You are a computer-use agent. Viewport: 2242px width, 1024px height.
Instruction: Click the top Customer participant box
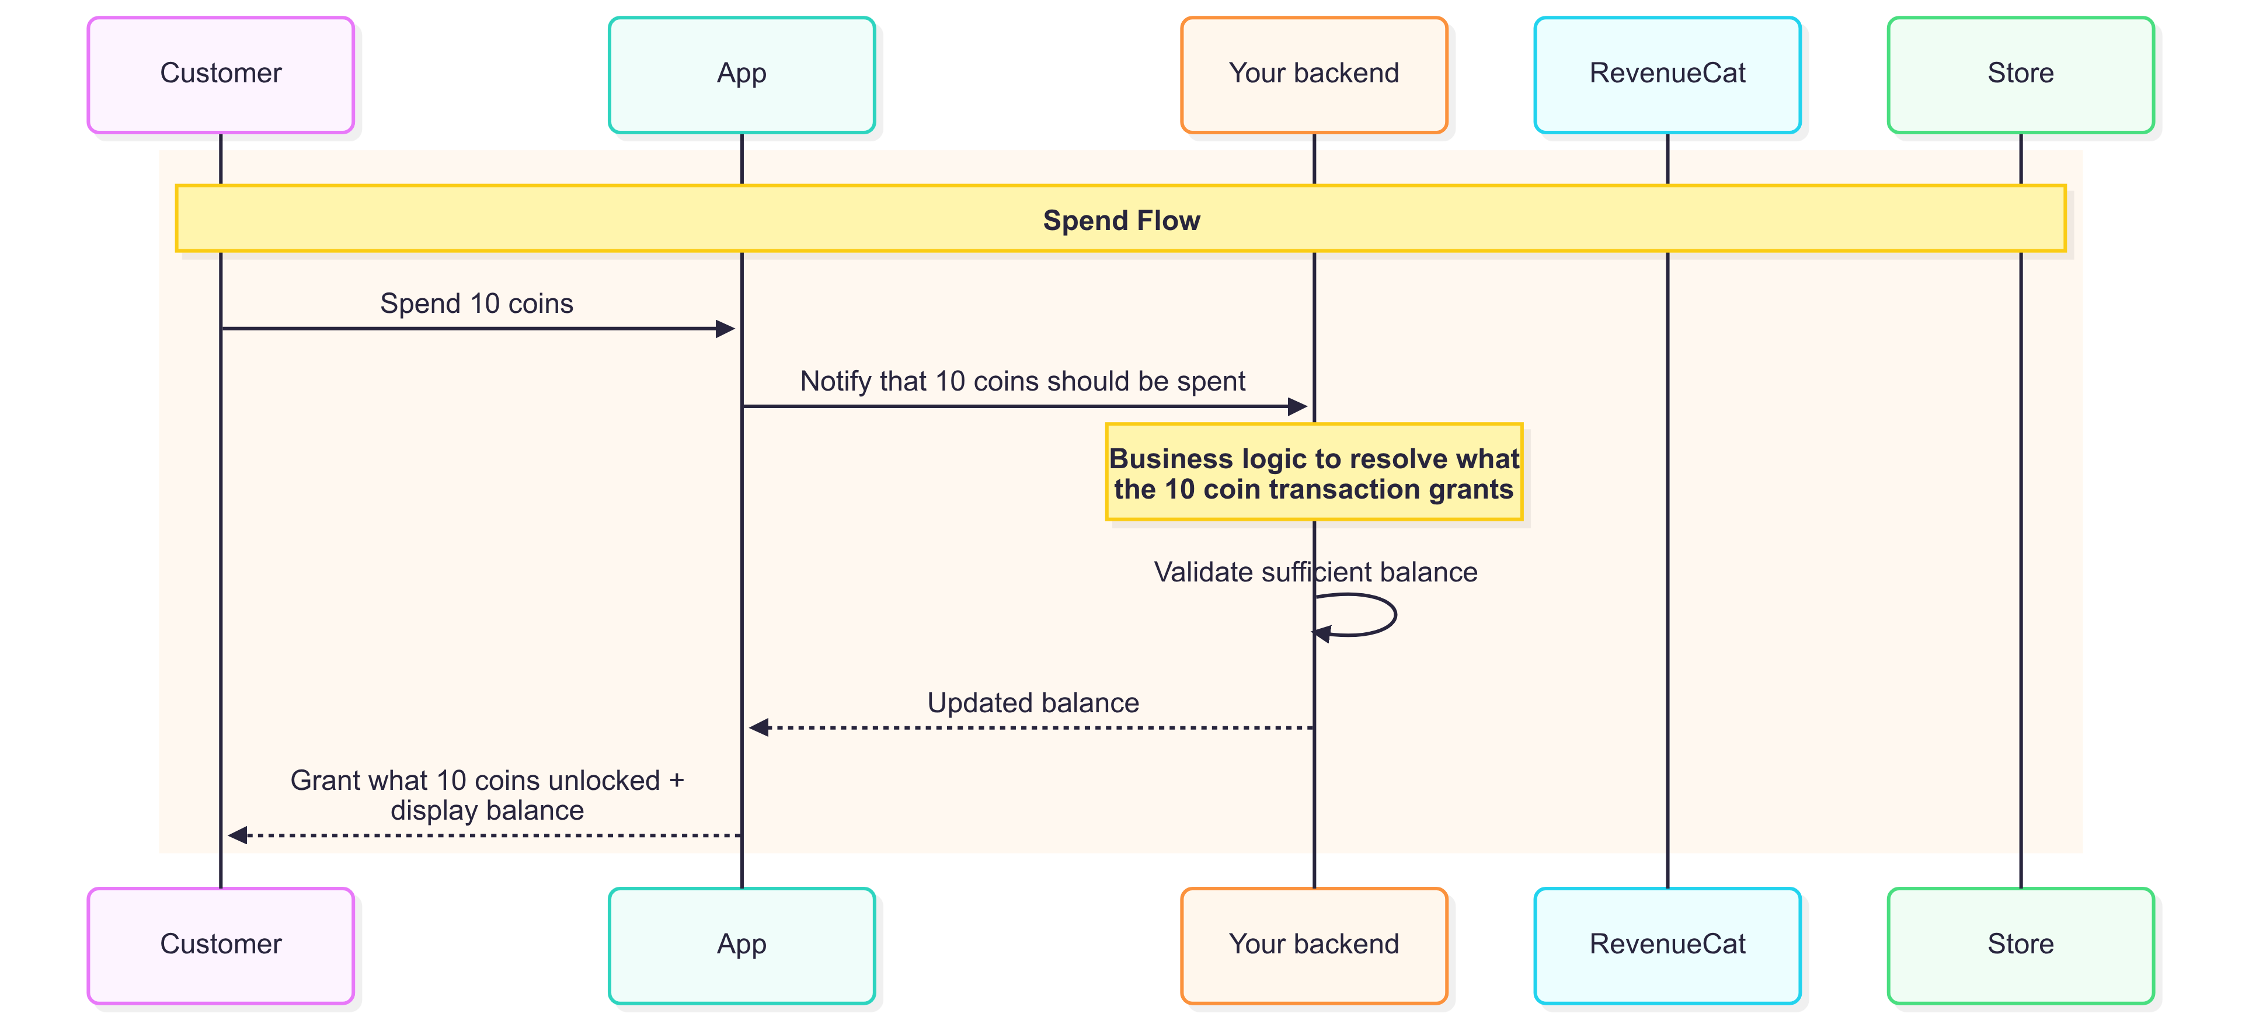pyautogui.click(x=221, y=75)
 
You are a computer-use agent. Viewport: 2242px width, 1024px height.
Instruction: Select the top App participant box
pyautogui.click(x=741, y=75)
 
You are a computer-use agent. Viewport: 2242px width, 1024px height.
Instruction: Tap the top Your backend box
pyautogui.click(x=1314, y=75)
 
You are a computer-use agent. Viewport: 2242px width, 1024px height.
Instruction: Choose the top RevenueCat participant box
pyautogui.click(x=1667, y=75)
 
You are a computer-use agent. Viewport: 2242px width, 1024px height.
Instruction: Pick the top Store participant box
pyautogui.click(x=2021, y=75)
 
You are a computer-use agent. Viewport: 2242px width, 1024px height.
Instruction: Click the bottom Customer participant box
pyautogui.click(x=221, y=946)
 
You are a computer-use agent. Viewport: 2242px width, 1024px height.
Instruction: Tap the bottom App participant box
pyautogui.click(x=741, y=946)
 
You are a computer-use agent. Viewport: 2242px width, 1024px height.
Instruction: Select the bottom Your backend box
pyautogui.click(x=1314, y=946)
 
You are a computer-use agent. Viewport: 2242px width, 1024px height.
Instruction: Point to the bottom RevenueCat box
pyautogui.click(x=1667, y=946)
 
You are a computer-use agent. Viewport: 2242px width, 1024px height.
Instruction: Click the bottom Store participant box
pyautogui.click(x=2021, y=946)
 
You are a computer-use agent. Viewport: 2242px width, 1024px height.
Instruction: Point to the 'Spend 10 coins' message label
pyautogui.click(x=477, y=304)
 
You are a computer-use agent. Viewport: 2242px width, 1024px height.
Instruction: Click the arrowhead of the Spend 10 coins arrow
pyautogui.click(x=726, y=329)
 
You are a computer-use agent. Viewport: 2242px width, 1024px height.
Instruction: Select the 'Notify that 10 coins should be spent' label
pyautogui.click(x=1023, y=381)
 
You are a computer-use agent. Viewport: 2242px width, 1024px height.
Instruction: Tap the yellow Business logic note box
pyautogui.click(x=1314, y=472)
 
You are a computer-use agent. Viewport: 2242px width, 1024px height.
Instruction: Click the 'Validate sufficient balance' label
pyautogui.click(x=1315, y=572)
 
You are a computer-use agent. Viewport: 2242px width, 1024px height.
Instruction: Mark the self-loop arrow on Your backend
pyautogui.click(x=1395, y=615)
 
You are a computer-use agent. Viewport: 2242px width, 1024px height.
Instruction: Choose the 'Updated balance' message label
pyautogui.click(x=1033, y=702)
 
